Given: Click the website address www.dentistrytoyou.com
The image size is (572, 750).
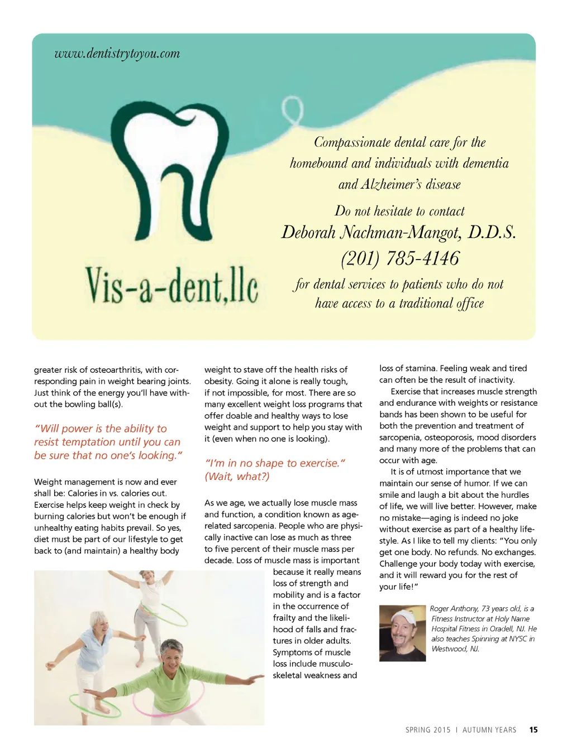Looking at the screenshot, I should (x=117, y=54).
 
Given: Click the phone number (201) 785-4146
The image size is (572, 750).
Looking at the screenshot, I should (x=400, y=258).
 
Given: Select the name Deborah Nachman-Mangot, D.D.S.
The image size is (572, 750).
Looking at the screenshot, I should (x=398, y=232).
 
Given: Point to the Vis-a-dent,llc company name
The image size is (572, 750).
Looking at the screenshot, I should (x=171, y=286).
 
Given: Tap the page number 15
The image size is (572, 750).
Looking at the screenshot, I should (x=533, y=729).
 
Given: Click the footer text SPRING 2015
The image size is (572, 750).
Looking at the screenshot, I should (x=428, y=730).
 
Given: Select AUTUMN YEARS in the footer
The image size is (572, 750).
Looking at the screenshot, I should (x=489, y=730).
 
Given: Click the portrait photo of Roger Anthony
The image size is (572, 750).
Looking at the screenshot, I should (x=402, y=633).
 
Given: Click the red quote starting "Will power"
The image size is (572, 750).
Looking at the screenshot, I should (x=108, y=442).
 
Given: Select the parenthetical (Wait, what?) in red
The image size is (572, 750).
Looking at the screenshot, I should (x=237, y=477).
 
